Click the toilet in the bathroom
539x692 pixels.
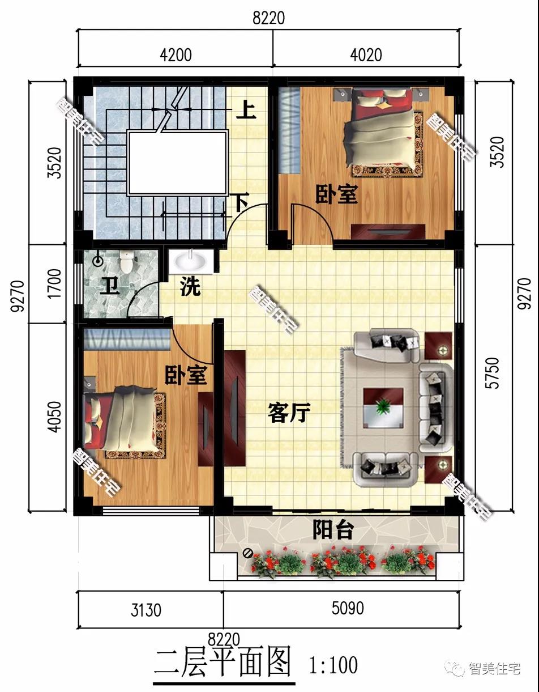tap(126, 262)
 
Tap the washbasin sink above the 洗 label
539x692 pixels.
tap(191, 262)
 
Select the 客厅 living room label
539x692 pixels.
tap(289, 413)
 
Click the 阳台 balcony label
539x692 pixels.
tap(333, 530)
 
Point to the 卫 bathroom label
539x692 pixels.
tap(110, 285)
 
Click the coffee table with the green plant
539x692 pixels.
tap(383, 407)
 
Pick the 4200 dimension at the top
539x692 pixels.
tap(176, 55)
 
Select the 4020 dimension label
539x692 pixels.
tap(366, 55)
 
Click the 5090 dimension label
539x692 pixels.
tap(348, 608)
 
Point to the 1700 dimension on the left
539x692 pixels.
tap(54, 283)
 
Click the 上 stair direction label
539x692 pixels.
tap(246, 111)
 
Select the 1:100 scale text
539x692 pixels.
tap(333, 665)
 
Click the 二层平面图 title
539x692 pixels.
tap(223, 662)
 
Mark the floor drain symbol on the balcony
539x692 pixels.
tap(247, 553)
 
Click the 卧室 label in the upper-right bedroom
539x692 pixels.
tap(337, 194)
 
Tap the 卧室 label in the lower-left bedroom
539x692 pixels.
tap(186, 375)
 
